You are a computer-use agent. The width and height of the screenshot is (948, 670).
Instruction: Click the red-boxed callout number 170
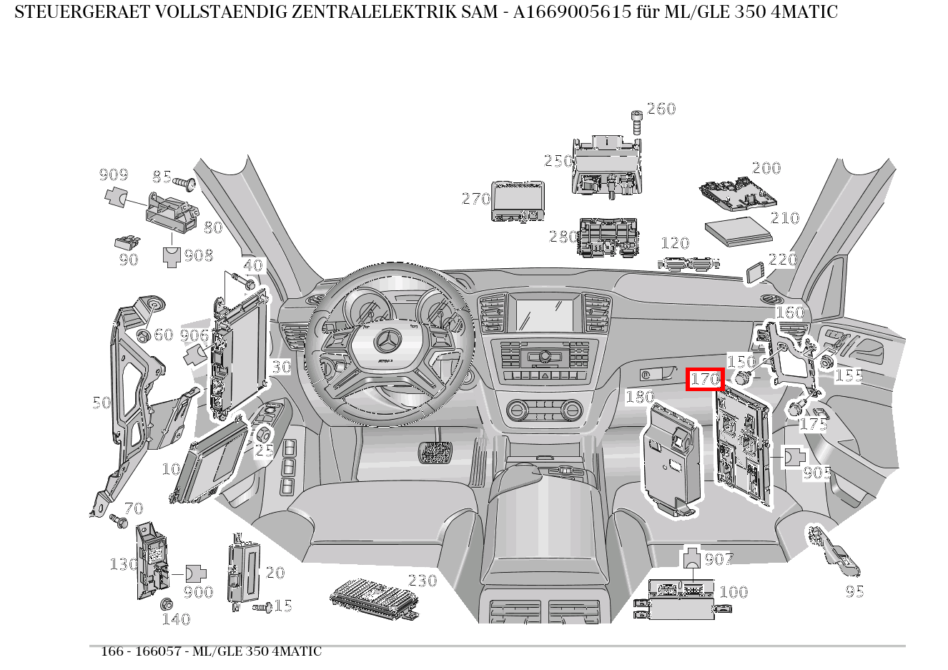(x=705, y=379)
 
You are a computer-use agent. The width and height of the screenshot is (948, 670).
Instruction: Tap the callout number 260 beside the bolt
(x=661, y=109)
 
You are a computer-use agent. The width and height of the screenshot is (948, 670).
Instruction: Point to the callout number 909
(x=114, y=174)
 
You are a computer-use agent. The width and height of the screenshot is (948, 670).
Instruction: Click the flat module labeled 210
(x=739, y=231)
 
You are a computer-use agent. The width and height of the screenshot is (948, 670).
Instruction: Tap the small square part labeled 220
(x=754, y=272)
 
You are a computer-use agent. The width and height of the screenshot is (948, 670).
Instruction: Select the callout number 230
(x=423, y=581)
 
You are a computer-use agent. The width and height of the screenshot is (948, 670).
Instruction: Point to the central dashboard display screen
(x=545, y=315)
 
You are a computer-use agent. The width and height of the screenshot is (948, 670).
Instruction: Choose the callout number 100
(x=734, y=591)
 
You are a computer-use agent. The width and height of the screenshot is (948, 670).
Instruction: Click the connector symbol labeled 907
(x=692, y=558)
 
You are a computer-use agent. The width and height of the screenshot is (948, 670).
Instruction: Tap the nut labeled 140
(x=167, y=604)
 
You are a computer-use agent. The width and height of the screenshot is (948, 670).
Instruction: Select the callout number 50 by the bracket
(x=102, y=403)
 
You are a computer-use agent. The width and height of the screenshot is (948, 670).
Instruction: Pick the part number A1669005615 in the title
(x=572, y=12)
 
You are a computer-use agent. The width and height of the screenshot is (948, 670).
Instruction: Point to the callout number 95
(x=854, y=591)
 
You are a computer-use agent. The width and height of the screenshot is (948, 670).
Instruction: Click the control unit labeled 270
(x=518, y=201)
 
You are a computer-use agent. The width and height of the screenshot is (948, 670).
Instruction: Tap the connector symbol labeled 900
(x=196, y=573)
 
